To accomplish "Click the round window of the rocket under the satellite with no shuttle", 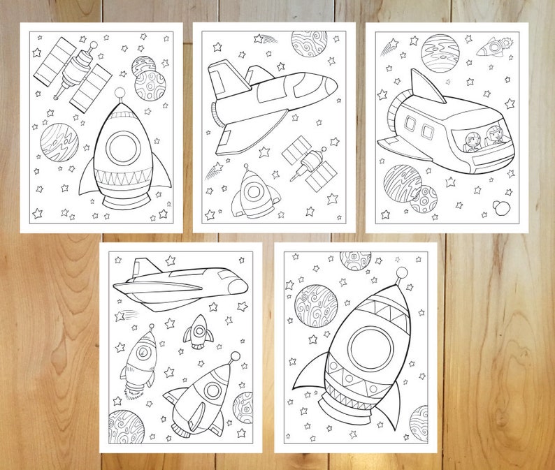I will [123, 145].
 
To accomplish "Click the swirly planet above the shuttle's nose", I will [308, 43].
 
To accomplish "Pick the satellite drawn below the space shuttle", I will [310, 163].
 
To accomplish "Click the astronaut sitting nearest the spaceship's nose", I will [495, 136].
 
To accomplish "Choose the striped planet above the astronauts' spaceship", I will [440, 52].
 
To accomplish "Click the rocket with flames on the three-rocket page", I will [140, 358].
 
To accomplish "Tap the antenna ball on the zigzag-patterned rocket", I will [401, 272].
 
